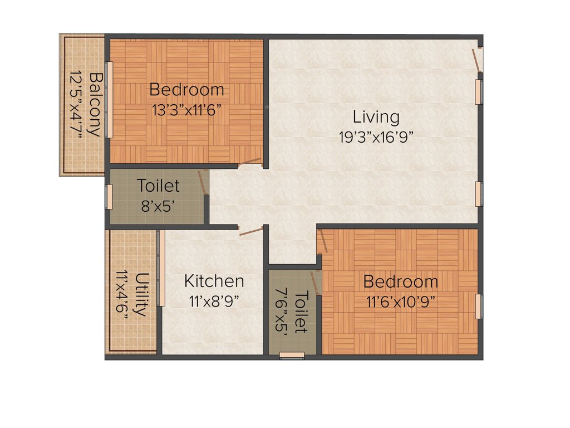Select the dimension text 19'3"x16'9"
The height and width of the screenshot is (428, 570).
point(376,137)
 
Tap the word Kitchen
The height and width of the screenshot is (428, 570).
point(214,281)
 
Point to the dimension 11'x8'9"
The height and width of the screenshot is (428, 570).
point(214,301)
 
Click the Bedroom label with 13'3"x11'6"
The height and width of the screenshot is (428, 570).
point(187,89)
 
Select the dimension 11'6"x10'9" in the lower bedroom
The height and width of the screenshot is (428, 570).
point(400,301)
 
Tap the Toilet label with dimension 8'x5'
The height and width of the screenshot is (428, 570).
point(158,185)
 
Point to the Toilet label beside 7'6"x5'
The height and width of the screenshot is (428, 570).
point(301,312)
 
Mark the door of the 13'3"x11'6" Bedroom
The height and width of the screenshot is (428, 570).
point(250,162)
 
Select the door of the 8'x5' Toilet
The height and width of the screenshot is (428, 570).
point(203,182)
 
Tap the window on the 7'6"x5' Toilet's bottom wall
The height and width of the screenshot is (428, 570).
point(292,355)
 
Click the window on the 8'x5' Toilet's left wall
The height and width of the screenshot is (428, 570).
point(109,196)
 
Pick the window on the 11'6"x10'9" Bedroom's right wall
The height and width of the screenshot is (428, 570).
point(478,307)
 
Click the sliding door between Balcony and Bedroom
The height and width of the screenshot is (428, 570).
point(110,100)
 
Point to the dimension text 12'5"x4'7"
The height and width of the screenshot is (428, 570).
point(75,104)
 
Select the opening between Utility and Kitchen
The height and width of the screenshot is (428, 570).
point(160,269)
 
